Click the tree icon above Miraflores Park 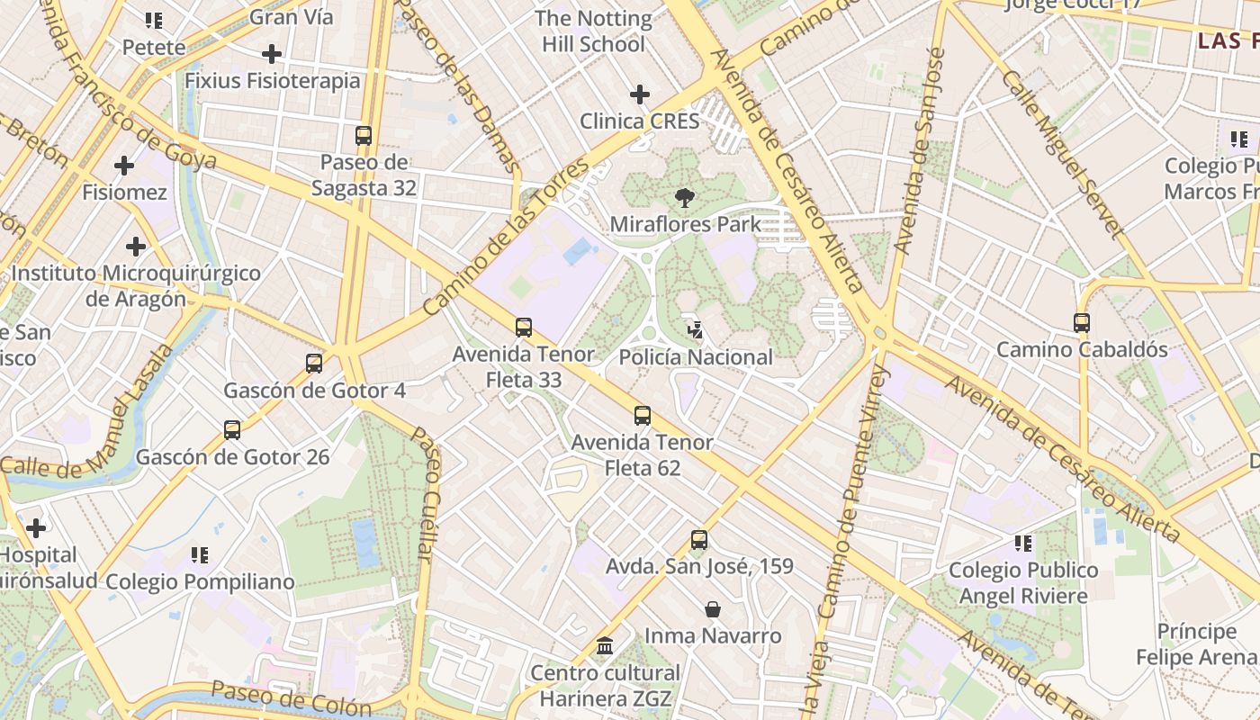(684, 198)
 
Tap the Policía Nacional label (696, 357)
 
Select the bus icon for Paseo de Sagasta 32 (364, 136)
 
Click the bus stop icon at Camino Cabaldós (1082, 323)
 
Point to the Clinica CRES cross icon (640, 94)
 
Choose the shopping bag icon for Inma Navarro (713, 609)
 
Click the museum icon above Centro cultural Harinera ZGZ (605, 646)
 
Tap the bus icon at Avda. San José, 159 (699, 540)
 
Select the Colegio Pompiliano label (200, 581)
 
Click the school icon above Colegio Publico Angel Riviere (1023, 543)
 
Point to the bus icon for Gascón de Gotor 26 (232, 430)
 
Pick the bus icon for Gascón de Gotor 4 (314, 364)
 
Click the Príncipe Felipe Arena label (1197, 643)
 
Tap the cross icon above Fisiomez (124, 166)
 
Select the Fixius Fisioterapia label (272, 80)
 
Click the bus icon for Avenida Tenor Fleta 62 (643, 416)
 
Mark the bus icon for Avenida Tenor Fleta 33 (524, 328)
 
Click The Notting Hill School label (593, 31)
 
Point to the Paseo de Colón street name (291, 699)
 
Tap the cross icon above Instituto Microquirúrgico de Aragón (136, 247)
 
